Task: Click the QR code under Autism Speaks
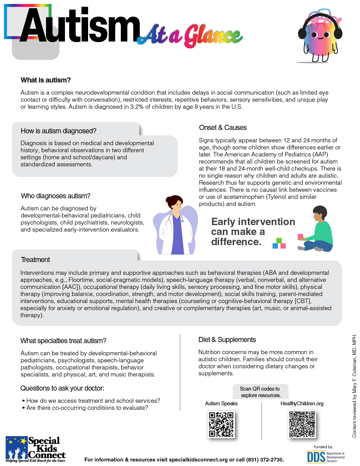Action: [x=221, y=424]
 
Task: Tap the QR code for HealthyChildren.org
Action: [x=302, y=424]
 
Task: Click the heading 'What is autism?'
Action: [x=46, y=80]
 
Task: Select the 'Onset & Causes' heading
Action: [x=223, y=128]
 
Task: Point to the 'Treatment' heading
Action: [x=35, y=260]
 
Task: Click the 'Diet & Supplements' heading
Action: [x=227, y=340]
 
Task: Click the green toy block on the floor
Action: [x=279, y=241]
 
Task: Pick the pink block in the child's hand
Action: [x=300, y=236]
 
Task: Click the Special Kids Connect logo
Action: [x=36, y=449]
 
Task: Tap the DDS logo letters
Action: [x=316, y=457]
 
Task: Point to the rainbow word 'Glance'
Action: [x=213, y=36]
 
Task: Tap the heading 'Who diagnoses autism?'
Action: [x=56, y=196]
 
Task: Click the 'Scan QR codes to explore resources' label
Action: [x=260, y=392]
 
